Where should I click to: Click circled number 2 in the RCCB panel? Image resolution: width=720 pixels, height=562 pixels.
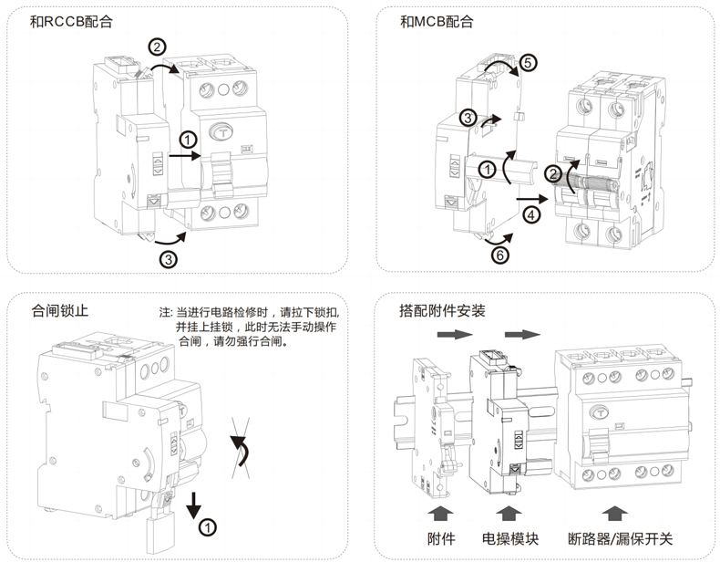tap(157, 46)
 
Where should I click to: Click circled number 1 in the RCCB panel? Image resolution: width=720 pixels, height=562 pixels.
tap(187, 140)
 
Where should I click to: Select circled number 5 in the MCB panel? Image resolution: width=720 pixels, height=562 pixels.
tap(530, 63)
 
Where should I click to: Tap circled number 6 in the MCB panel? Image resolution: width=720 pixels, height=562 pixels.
tap(499, 255)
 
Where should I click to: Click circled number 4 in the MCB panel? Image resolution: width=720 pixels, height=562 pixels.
tap(532, 214)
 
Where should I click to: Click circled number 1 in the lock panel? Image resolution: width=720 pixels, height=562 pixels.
tap(208, 526)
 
